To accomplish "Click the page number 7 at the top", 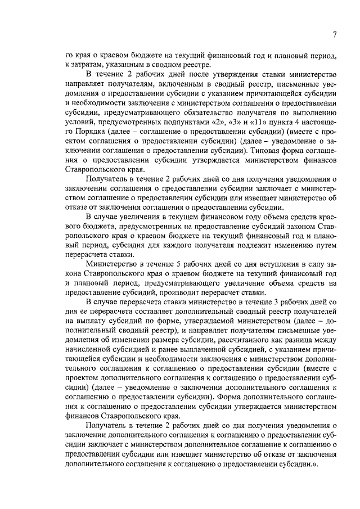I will [x=334, y=35].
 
